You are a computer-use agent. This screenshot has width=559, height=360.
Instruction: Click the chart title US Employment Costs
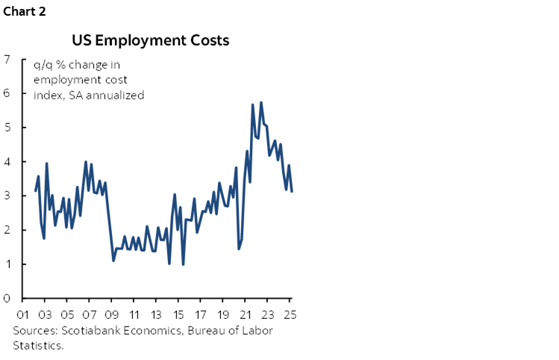tap(150, 40)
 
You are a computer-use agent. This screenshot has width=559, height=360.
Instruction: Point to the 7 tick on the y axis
tap(7, 59)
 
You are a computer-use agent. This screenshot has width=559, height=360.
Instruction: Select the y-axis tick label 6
tap(7, 93)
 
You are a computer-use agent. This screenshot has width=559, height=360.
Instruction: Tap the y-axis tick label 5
tap(7, 128)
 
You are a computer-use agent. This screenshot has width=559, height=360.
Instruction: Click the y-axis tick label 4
tap(7, 162)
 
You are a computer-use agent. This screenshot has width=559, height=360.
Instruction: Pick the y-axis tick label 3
tap(7, 196)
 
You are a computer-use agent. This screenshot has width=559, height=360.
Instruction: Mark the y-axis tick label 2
tap(7, 230)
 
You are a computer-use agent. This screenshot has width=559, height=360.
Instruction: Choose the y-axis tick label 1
tap(7, 264)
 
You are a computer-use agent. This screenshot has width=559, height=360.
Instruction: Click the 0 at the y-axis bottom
tap(7, 299)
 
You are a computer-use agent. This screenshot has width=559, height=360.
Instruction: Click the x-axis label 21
tap(247, 314)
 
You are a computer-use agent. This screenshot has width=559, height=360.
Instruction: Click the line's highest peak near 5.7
tap(260, 102)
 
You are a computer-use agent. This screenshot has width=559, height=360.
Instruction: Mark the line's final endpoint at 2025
tap(292, 191)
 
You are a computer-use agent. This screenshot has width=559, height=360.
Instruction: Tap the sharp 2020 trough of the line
tap(239, 249)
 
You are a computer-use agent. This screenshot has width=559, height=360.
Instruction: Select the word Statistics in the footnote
tap(37, 346)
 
